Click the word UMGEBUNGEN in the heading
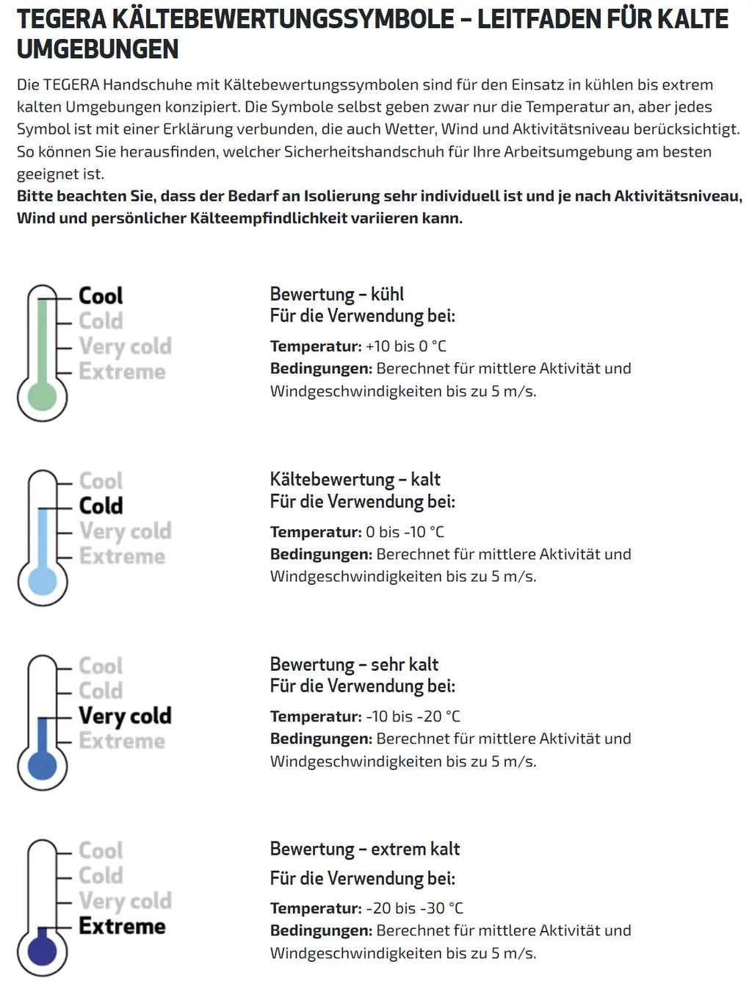point(98,49)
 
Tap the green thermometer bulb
point(42,397)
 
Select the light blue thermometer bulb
point(42,582)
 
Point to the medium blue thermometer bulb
point(42,766)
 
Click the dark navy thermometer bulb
point(42,952)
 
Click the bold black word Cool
point(101,296)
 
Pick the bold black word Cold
point(101,506)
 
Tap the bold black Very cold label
point(125,716)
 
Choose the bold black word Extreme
point(122,926)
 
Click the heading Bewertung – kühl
point(336,295)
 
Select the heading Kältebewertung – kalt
point(355,480)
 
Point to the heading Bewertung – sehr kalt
point(353,665)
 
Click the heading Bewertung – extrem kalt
point(364,849)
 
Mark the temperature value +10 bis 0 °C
point(405,347)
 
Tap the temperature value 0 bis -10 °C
point(405,532)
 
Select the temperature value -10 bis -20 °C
point(413,716)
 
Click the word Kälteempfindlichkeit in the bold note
point(268,218)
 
